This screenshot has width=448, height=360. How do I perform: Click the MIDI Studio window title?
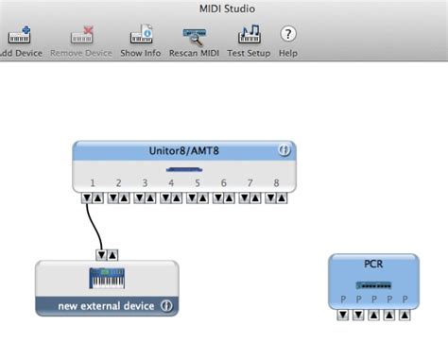point(224,9)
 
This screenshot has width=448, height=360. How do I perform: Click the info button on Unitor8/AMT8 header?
point(282,150)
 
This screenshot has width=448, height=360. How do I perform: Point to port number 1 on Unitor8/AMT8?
point(93,182)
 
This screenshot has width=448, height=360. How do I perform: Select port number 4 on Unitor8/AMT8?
point(171,182)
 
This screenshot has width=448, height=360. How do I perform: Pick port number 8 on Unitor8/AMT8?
point(276,182)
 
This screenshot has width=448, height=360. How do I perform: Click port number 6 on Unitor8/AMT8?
point(224,182)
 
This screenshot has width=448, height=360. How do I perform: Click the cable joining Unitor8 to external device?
point(94,225)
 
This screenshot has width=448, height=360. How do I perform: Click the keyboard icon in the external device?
point(106,279)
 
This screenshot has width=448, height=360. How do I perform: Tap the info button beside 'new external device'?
point(165,306)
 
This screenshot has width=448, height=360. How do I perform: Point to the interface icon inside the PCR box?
point(372,283)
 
